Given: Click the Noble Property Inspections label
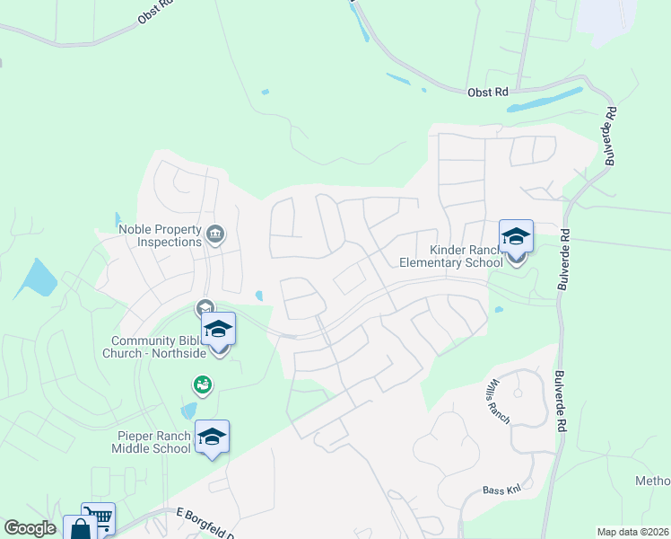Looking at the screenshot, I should [160, 235].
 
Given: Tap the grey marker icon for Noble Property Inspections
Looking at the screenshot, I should [215, 235].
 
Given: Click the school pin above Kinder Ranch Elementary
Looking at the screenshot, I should [516, 237].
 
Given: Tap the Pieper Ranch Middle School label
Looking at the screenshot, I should [154, 443].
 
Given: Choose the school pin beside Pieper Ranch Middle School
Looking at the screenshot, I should [212, 437].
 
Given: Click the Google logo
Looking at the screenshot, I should [30, 528].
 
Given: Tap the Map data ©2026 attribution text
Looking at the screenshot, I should [632, 532].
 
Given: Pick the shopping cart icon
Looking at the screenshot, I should [100, 517].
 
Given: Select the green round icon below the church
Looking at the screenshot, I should [202, 385].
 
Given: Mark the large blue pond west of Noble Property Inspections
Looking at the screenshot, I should [37, 278].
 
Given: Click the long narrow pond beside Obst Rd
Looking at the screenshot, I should [545, 100].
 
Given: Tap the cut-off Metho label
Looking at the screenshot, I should [653, 482].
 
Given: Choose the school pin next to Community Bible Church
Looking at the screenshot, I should [218, 329].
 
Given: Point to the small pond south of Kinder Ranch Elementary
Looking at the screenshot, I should [498, 310].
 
